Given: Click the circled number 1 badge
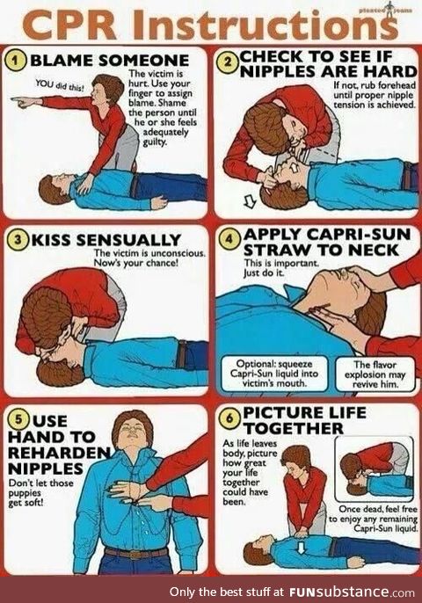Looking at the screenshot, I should pos(18,60).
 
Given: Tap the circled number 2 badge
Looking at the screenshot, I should pos(227,61).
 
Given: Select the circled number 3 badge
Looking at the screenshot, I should pos(18,240).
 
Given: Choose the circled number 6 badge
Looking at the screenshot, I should pos(227,414).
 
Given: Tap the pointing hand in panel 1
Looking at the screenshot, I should pos(25,102).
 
